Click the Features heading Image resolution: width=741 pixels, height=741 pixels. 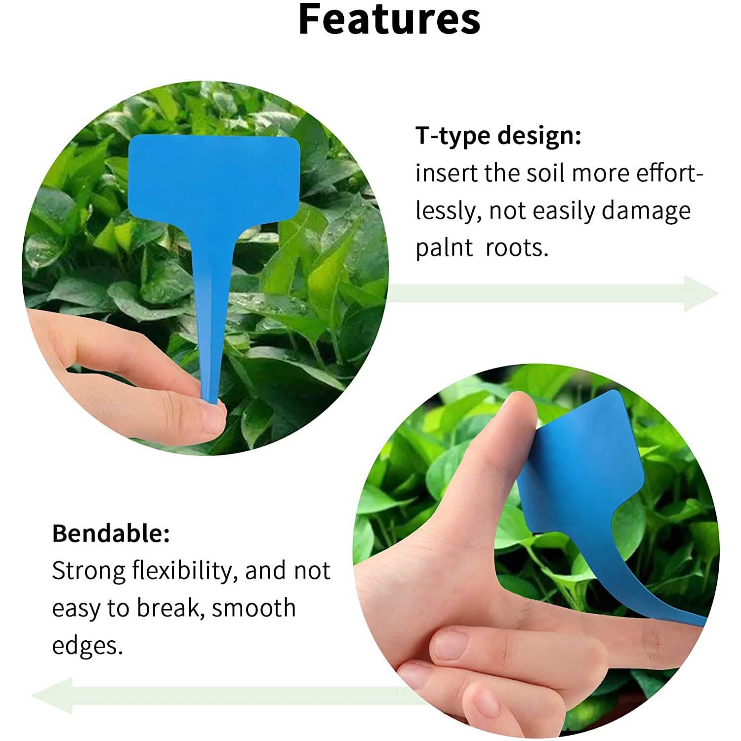pyautogui.click(x=389, y=20)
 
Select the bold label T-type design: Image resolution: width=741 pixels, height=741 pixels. pyautogui.click(x=498, y=135)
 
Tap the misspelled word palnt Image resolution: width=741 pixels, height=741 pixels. pyautogui.click(x=444, y=247)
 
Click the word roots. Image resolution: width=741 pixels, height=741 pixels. pyautogui.click(x=517, y=247)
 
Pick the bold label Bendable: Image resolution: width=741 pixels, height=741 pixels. pyautogui.click(x=111, y=534)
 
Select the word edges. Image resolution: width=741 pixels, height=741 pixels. pyautogui.click(x=87, y=645)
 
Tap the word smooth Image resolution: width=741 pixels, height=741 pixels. pyautogui.click(x=253, y=608)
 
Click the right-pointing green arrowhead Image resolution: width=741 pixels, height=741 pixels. pyautogui.click(x=700, y=293)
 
